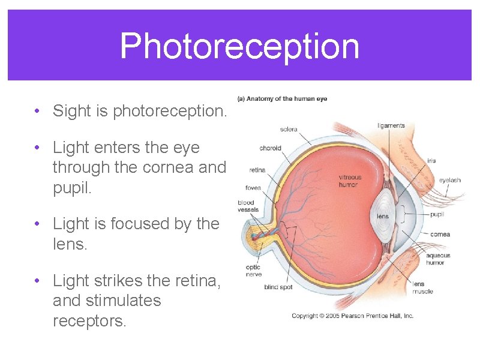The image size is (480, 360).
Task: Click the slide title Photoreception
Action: (239, 46)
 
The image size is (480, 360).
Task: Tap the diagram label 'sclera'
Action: (288, 129)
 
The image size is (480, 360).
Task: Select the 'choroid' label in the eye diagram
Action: (269, 148)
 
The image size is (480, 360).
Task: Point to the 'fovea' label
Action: (253, 188)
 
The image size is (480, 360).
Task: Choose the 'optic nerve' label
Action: (253, 271)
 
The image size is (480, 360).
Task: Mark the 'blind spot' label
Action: (278, 287)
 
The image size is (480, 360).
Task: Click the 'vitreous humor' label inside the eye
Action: (350, 181)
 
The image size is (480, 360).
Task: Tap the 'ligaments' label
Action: (391, 125)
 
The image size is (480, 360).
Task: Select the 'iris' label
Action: (431, 161)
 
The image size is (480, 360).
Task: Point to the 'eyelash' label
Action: (449, 180)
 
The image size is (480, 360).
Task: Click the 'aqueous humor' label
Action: (438, 259)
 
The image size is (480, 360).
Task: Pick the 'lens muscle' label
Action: (422, 287)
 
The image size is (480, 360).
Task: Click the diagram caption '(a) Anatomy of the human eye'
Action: (282, 99)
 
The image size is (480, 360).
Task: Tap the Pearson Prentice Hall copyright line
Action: (352, 316)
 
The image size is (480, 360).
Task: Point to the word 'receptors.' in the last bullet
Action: (89, 321)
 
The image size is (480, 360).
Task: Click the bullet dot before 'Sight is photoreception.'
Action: (37, 111)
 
